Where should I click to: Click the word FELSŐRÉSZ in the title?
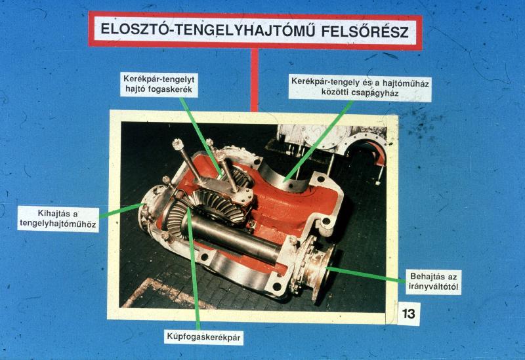pyautogui.click(x=365, y=31)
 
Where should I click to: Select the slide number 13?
pyautogui.click(x=408, y=314)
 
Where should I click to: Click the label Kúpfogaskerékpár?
pyautogui.click(x=203, y=337)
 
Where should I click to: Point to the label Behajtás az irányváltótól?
pyautogui.click(x=433, y=282)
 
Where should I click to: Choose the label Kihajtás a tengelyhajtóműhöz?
pyautogui.click(x=58, y=219)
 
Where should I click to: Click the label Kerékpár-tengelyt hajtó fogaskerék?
pyautogui.click(x=159, y=85)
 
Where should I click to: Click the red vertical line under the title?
pyautogui.click(x=255, y=80)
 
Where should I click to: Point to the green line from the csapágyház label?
pyautogui.click(x=318, y=141)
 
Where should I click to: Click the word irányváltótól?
pyautogui.click(x=433, y=287)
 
